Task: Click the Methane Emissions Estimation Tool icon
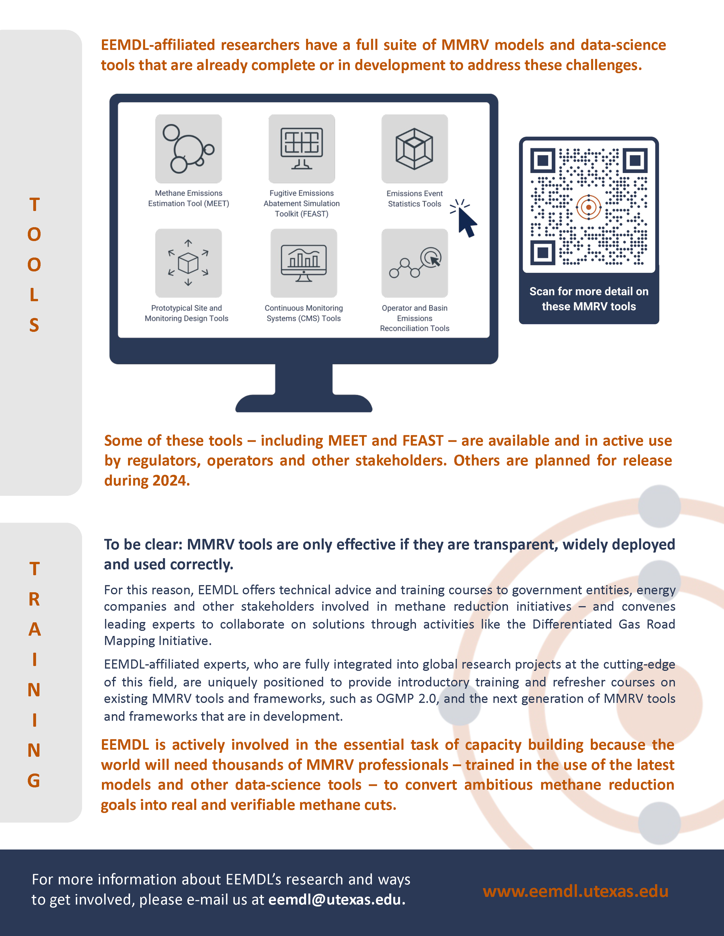[x=188, y=148]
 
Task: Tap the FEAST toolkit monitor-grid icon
[x=301, y=148]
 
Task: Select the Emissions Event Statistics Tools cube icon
[x=414, y=148]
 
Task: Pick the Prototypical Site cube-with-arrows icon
[x=188, y=263]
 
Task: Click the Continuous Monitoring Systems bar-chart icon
[x=304, y=263]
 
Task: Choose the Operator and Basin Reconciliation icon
[x=414, y=263]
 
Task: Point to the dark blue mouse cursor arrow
[x=466, y=222]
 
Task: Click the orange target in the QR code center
[x=588, y=207]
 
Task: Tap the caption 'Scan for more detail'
[x=588, y=291]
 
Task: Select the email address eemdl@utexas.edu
[x=336, y=899]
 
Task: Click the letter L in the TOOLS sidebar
[x=34, y=295]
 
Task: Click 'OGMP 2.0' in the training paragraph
[x=406, y=698]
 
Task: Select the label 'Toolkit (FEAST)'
[x=301, y=214]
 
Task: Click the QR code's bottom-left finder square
[x=543, y=252]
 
